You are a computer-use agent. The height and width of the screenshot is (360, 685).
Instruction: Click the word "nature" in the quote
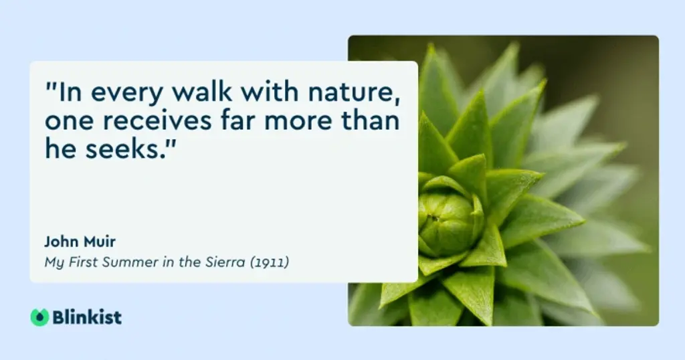[354, 92]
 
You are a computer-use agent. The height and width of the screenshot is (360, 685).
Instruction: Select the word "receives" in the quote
[157, 121]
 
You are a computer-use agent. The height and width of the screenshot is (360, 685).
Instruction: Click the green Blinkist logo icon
[39, 317]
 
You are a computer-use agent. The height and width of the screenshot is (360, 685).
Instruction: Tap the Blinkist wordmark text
[87, 317]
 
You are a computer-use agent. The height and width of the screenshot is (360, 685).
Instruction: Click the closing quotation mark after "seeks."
[171, 142]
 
